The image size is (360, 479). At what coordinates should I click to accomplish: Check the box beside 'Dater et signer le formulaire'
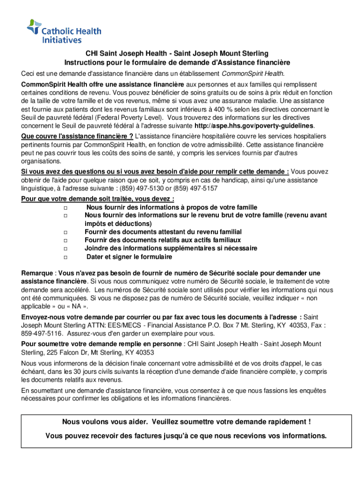coord(65,258)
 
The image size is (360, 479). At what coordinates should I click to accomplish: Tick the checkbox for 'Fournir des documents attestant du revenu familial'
coord(65,232)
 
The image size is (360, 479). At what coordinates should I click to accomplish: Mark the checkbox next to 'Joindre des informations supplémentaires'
coord(65,249)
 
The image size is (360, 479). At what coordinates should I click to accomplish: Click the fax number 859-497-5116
coord(41,334)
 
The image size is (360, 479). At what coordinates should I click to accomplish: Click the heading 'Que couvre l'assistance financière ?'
coord(77,136)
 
